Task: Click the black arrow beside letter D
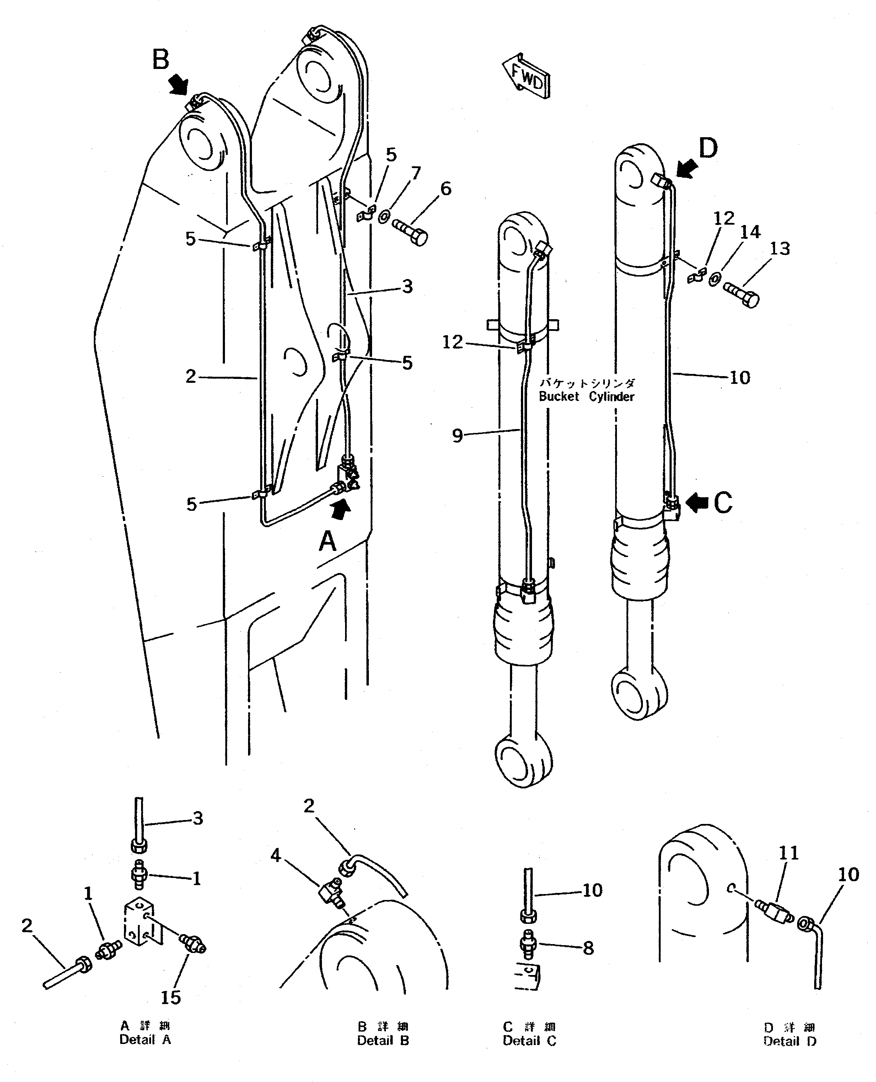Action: (686, 168)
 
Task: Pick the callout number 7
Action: (415, 173)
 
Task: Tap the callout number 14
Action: (750, 232)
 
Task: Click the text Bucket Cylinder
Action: (586, 397)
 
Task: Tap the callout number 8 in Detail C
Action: (589, 948)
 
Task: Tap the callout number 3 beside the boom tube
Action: (408, 286)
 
